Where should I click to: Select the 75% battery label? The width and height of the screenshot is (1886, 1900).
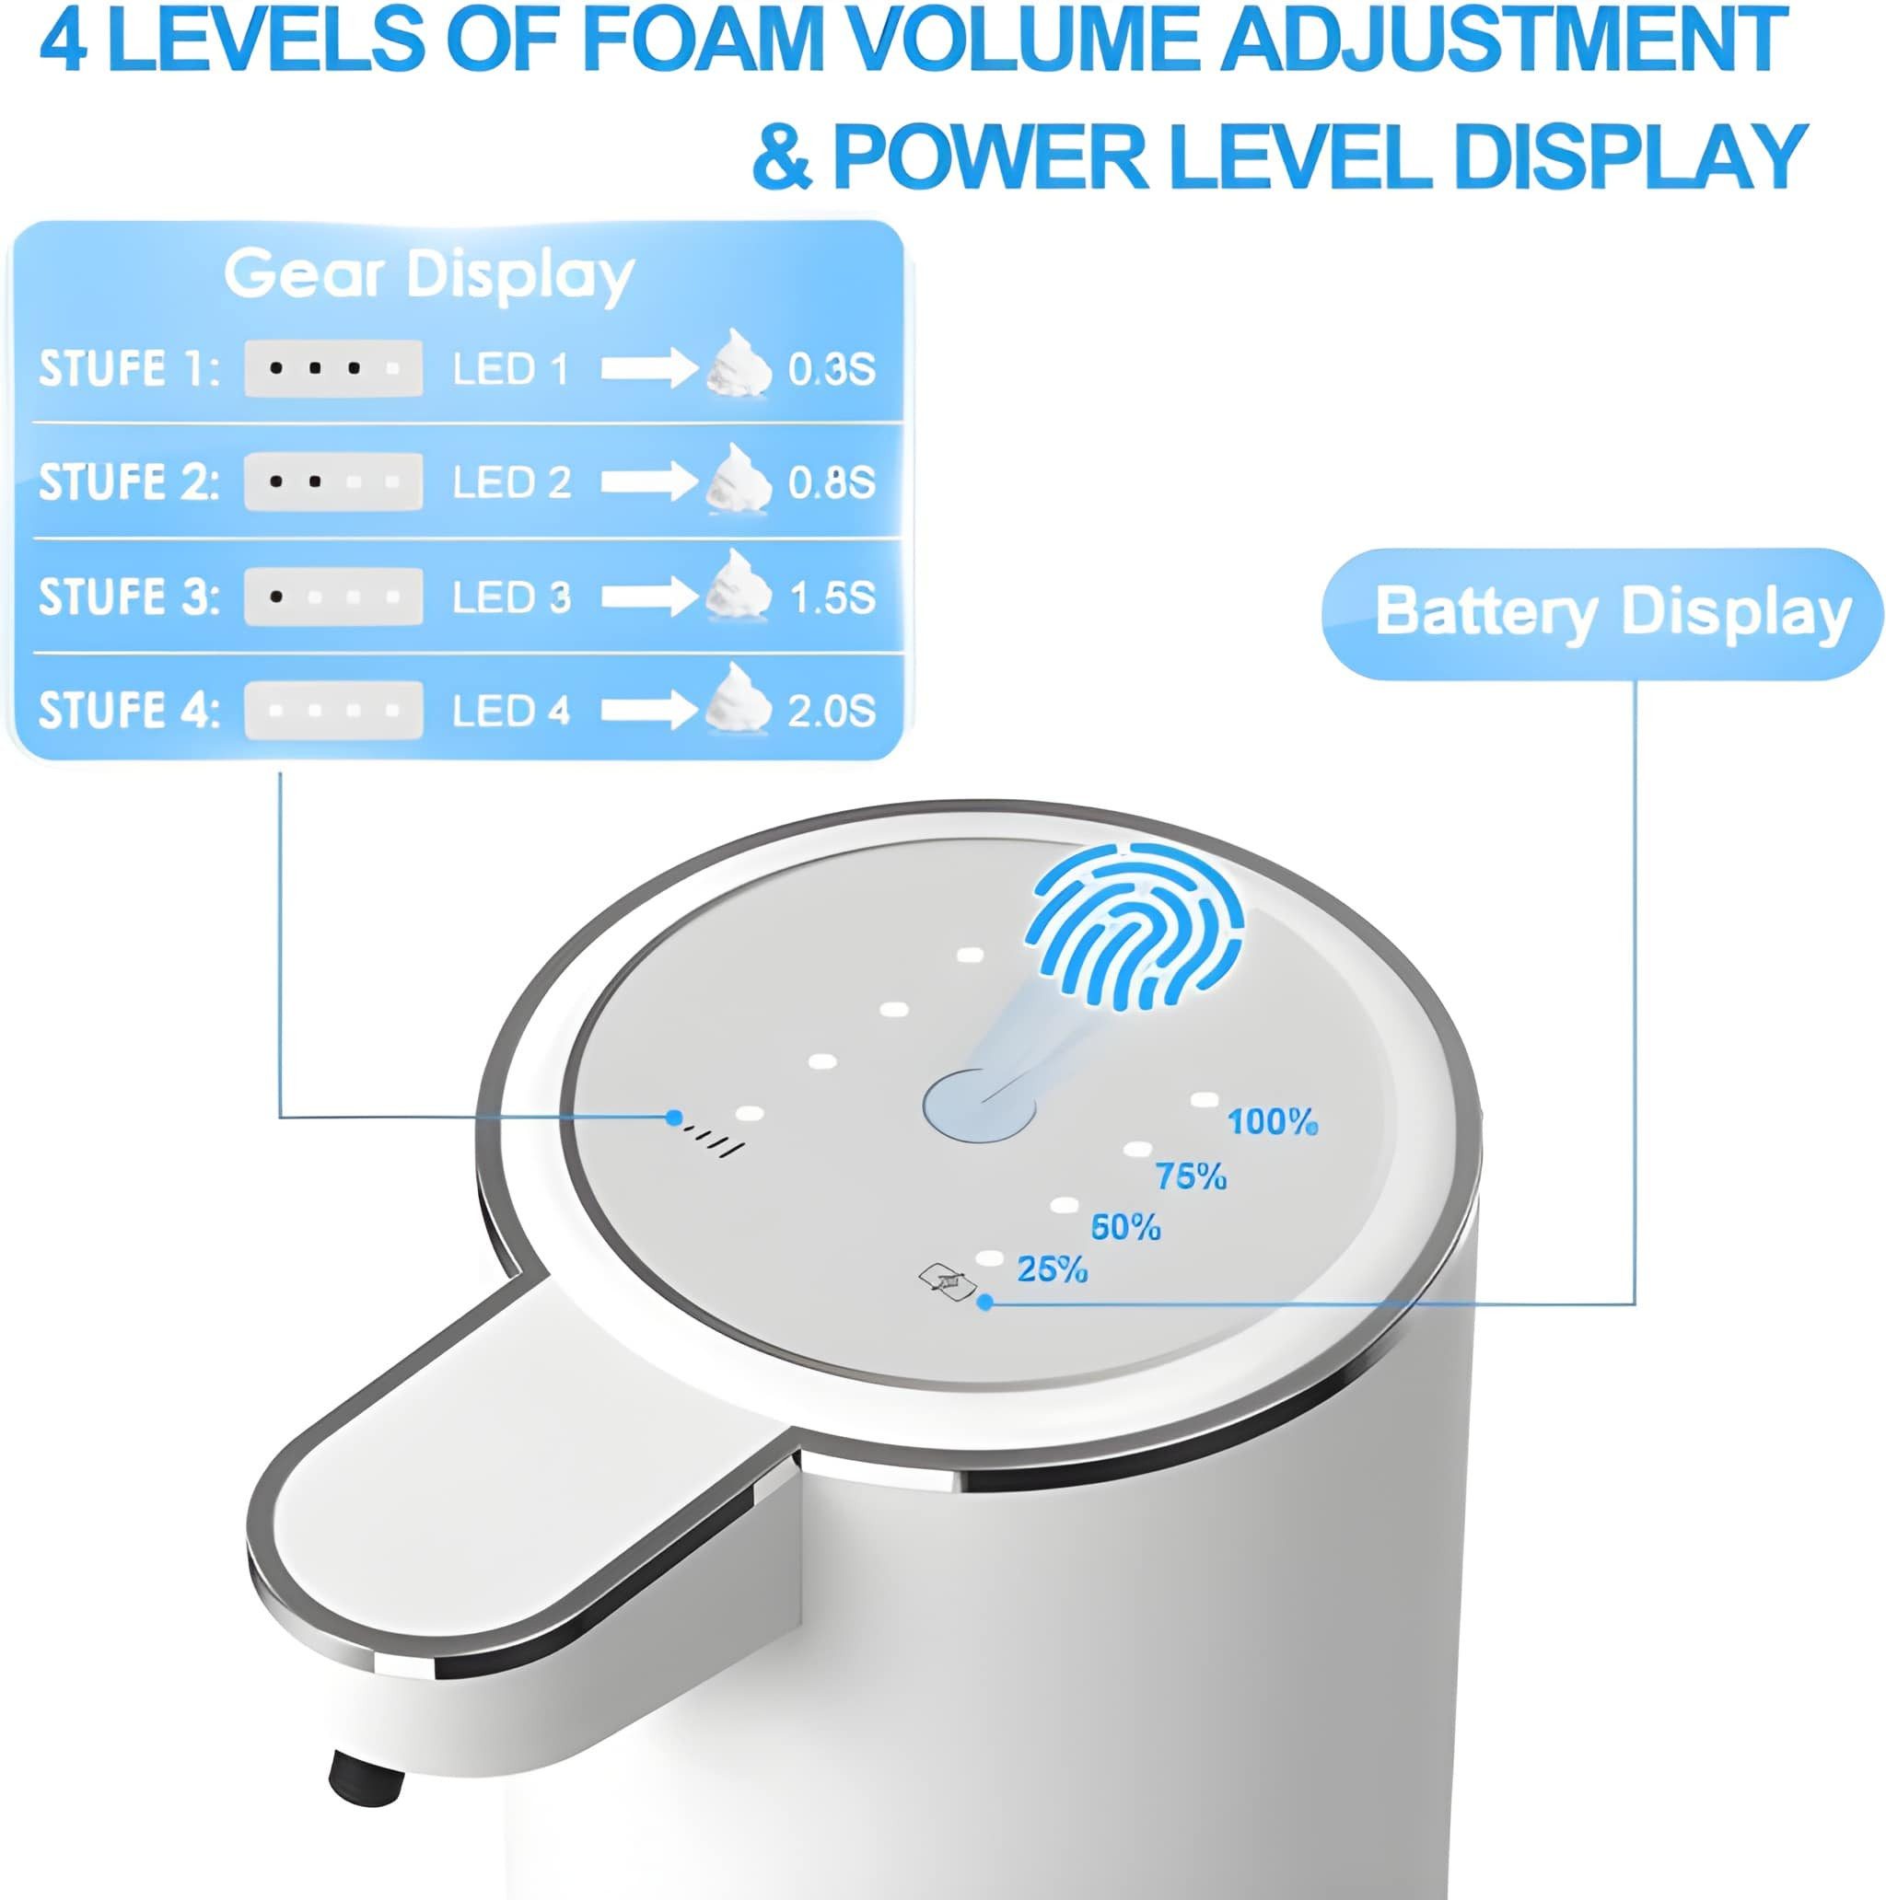coord(1191,1176)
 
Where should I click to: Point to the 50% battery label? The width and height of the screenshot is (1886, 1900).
coord(1125,1227)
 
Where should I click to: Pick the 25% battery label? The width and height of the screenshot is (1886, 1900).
coord(1052,1269)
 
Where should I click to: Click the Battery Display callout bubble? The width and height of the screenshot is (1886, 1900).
coord(1602,614)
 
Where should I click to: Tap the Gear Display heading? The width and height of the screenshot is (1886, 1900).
coord(429,274)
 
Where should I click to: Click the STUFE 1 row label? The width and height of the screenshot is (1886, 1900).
coord(129,370)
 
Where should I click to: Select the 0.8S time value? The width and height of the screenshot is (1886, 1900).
coord(832,481)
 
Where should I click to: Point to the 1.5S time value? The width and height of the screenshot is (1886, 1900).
coord(832,597)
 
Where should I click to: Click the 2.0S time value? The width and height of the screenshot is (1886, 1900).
coord(832,710)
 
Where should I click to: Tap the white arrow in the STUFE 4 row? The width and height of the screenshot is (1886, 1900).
coord(649,710)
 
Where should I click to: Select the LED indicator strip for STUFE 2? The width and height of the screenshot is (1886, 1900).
coord(333,481)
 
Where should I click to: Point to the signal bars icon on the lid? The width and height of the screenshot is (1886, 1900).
coord(716,1142)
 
